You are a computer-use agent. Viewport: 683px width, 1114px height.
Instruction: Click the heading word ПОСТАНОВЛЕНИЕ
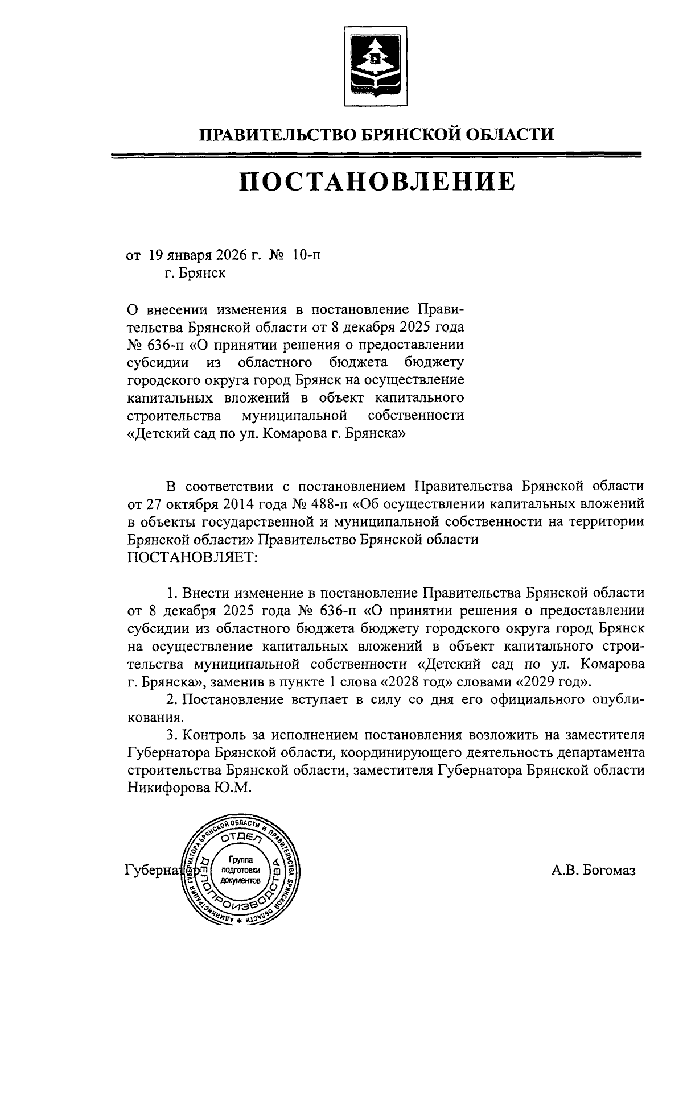point(376,181)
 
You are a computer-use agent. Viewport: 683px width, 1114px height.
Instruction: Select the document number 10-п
point(306,255)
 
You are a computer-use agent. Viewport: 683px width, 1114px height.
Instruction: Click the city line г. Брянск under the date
point(194,273)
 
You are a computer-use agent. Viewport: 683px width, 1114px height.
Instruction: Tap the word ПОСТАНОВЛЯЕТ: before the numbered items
point(192,557)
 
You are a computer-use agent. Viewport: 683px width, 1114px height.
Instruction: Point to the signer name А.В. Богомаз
point(593,871)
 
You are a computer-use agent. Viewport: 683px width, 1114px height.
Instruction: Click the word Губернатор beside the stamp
point(153,871)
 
